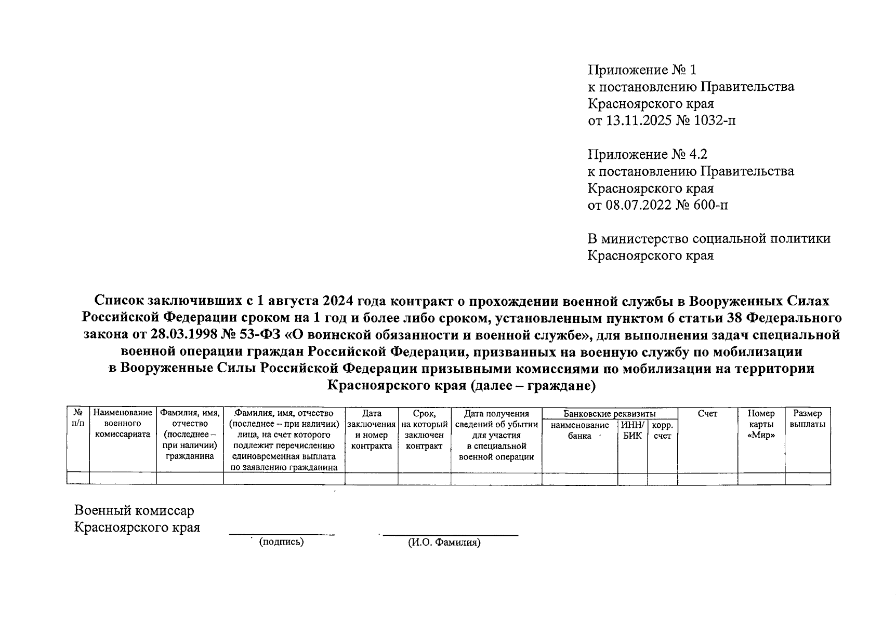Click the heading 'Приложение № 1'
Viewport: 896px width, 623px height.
641,70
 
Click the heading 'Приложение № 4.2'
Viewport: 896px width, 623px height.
648,155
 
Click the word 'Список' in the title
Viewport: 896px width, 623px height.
119,301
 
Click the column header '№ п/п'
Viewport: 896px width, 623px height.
78,418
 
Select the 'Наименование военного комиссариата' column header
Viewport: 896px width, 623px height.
123,424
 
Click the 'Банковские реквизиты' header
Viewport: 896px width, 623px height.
609,414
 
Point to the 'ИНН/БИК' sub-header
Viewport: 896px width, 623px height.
633,430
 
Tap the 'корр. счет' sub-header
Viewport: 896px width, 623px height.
662,430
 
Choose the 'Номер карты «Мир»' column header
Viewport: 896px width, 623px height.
761,424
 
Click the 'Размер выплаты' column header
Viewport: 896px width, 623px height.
807,418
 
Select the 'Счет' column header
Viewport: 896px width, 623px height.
707,414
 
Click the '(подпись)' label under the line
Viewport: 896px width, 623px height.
281,541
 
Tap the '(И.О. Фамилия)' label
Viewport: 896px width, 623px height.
444,543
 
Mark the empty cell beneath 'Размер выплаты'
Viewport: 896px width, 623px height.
807,479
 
